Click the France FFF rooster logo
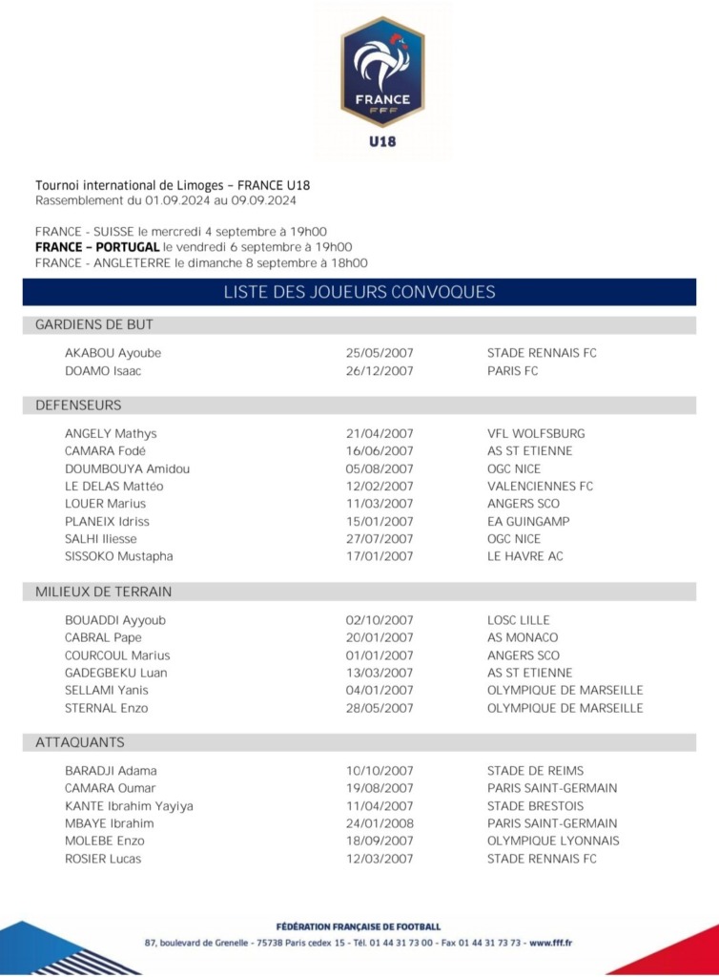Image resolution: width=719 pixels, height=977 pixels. (x=382, y=71)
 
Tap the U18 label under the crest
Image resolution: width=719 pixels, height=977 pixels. (x=382, y=142)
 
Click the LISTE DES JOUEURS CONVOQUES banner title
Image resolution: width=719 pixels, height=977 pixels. (x=359, y=292)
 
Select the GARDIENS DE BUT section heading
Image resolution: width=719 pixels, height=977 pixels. (x=94, y=325)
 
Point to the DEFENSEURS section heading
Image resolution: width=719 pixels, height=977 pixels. (x=78, y=405)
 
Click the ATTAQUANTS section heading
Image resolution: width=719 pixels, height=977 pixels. (x=80, y=742)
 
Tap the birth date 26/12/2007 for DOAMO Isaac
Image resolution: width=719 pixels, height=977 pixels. (x=380, y=371)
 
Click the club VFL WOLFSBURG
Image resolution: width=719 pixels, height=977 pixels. (x=536, y=433)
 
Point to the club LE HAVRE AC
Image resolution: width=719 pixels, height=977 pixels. (x=525, y=556)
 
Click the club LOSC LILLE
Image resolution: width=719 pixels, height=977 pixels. (x=519, y=620)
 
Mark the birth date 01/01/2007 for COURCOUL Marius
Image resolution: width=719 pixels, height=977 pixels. (x=380, y=655)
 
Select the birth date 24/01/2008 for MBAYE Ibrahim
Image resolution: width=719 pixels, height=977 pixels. (x=380, y=823)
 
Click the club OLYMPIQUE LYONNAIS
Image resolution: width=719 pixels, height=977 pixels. (x=553, y=841)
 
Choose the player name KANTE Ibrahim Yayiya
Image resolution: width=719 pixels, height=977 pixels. (x=129, y=806)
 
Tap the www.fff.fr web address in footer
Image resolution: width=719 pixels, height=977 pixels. (x=551, y=943)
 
